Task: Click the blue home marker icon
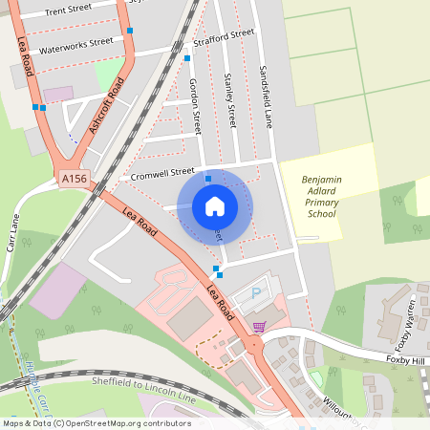(x=215, y=205)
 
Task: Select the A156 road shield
(x=73, y=180)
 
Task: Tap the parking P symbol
(x=255, y=294)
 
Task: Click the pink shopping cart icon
(x=258, y=327)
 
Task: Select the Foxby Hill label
(x=403, y=360)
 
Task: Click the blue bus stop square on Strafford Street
(x=187, y=58)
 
